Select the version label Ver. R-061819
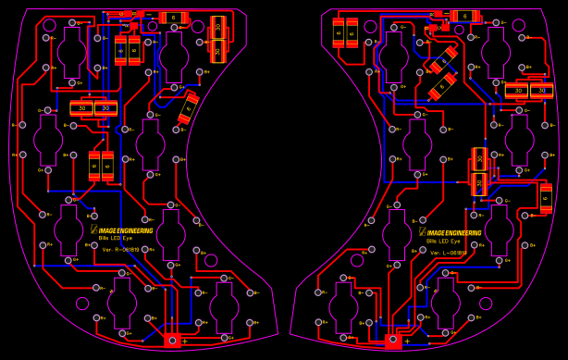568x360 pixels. pos(120,249)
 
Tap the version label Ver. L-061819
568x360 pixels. pos(447,252)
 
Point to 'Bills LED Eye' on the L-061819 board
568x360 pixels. pos(443,242)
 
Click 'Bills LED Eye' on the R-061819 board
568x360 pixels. pos(117,239)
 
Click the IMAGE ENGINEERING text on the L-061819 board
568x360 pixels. pos(453,233)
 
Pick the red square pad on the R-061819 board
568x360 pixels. pos(172,340)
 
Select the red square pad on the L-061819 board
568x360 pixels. pos(393,341)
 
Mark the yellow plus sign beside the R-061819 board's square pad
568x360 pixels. pos(184,341)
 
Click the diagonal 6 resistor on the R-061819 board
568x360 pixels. pos(188,107)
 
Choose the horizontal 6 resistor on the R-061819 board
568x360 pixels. pos(173,18)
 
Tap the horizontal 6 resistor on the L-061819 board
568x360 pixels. pos(464,17)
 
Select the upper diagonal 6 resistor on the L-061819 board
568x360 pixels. pos(444,59)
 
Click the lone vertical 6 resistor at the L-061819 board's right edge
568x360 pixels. pos(546,197)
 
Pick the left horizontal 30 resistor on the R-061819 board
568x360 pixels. pos(81,108)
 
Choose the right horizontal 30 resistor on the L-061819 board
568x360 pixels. pos(541,91)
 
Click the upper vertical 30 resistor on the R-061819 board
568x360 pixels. pos(218,27)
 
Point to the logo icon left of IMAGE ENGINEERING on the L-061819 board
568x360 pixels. pos(423,232)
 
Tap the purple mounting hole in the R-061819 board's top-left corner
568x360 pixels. pos(49,25)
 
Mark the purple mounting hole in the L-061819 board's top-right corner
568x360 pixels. pos(518,25)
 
